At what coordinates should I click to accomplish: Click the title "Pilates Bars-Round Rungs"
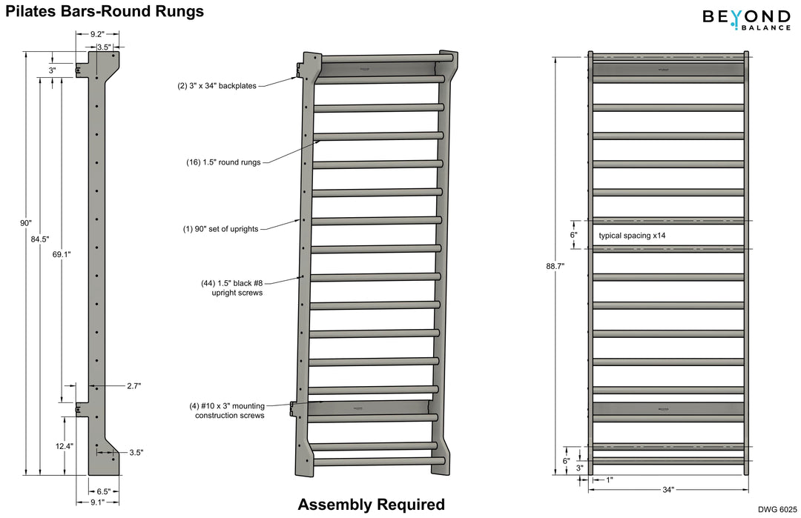[x=105, y=12]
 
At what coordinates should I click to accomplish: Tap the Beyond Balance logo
[x=746, y=19]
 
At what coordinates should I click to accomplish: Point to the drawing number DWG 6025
[x=777, y=509]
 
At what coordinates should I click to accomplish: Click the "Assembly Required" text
[x=371, y=505]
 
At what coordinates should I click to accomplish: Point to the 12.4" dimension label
[x=64, y=446]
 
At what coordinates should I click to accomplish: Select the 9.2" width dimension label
[x=97, y=34]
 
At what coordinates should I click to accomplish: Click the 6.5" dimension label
[x=104, y=491]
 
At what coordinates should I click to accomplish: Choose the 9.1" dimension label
[x=97, y=502]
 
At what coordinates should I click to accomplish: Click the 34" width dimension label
[x=667, y=489]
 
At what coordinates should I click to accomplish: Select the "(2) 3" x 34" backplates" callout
[x=217, y=86]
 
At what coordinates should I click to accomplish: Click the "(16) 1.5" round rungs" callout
[x=223, y=162]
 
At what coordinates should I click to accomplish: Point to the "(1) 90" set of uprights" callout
[x=220, y=229]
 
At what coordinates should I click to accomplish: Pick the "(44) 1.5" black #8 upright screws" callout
[x=232, y=288]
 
